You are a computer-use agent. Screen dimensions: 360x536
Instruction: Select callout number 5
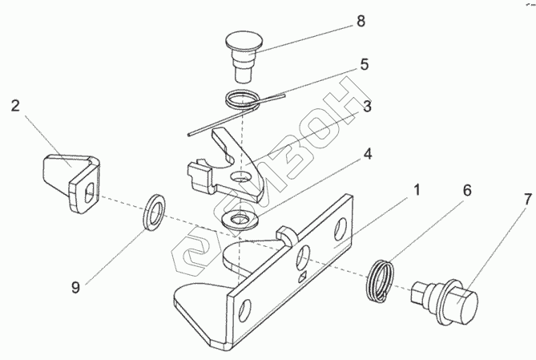click(x=364, y=65)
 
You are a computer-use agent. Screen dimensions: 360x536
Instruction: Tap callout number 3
click(x=365, y=106)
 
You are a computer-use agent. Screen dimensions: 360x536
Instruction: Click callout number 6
click(x=467, y=192)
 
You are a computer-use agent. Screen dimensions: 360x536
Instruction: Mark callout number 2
click(x=16, y=104)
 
